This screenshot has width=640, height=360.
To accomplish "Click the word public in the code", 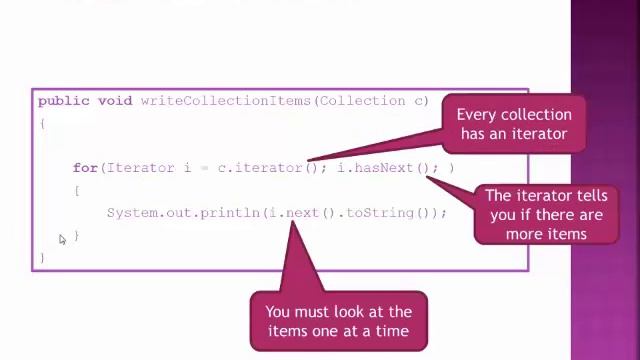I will (x=64, y=101).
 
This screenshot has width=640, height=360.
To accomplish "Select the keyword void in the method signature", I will (x=115, y=101).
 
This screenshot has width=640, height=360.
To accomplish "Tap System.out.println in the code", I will (x=184, y=213).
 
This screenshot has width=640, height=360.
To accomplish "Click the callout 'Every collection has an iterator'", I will (x=514, y=124).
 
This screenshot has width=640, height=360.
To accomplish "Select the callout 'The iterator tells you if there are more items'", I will (x=545, y=214).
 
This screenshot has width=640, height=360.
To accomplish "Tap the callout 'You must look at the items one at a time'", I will (x=338, y=321).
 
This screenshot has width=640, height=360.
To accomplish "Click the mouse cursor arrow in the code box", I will (x=61, y=238).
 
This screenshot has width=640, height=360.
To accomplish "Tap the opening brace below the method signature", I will (x=42, y=123).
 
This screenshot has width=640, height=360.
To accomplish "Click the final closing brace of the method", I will (x=42, y=258).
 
